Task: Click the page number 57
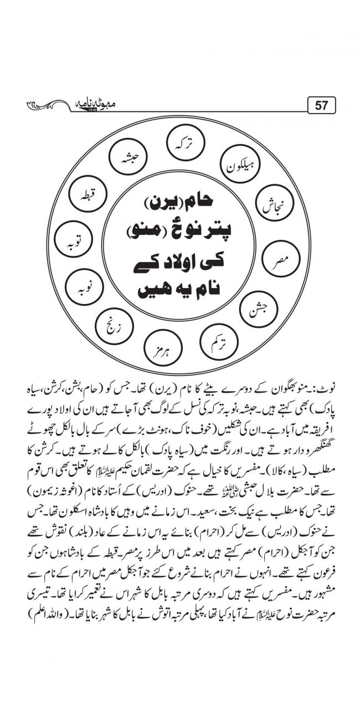tap(321, 105)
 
